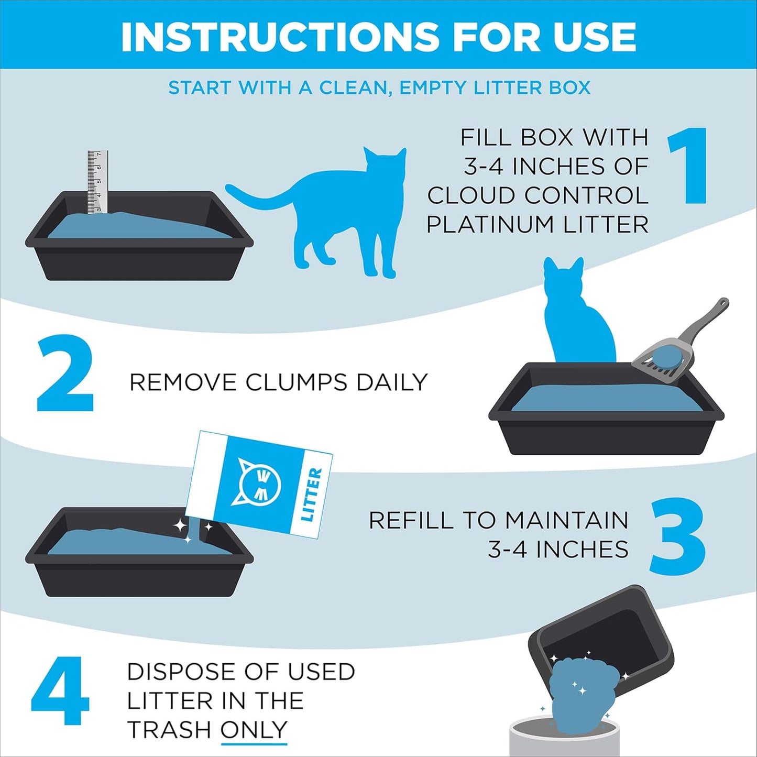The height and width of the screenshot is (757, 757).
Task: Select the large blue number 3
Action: [x=677, y=536]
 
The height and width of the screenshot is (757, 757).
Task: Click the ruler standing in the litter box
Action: [x=97, y=181]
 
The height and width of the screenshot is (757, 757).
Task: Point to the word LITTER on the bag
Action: [x=312, y=495]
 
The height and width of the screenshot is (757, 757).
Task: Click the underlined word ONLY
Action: [x=254, y=730]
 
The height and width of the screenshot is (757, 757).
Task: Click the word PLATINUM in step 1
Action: [x=491, y=225]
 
